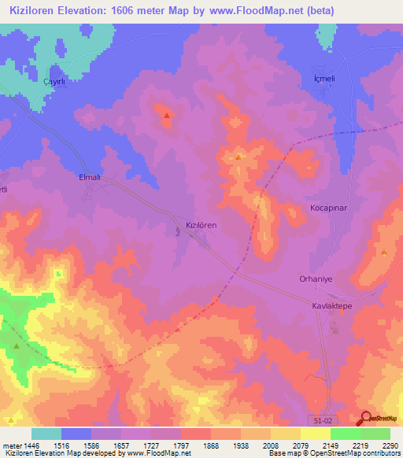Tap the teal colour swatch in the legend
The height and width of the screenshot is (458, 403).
coord(46,434)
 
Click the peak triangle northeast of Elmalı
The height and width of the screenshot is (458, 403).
coord(166,117)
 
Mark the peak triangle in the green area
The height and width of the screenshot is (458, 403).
coord(17,346)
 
